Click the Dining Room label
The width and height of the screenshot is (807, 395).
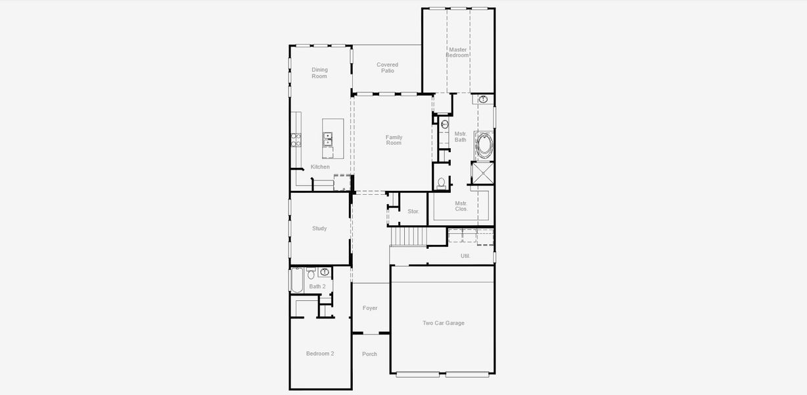click(319, 73)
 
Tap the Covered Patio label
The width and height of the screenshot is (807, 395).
click(387, 68)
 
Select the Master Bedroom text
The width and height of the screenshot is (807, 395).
click(457, 53)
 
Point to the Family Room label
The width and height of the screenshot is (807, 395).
click(394, 140)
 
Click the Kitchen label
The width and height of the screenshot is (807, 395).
click(320, 167)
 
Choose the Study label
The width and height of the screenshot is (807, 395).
click(319, 228)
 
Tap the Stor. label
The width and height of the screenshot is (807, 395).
click(413, 211)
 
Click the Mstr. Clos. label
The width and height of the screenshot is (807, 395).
click(461, 206)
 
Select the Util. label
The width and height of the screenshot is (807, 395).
click(465, 256)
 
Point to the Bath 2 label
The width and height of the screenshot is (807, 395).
click(317, 286)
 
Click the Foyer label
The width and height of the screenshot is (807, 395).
click(370, 308)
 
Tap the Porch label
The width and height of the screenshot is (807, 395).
click(369, 354)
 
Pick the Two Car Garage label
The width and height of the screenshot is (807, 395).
click(444, 323)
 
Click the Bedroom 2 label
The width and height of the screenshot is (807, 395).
click(320, 354)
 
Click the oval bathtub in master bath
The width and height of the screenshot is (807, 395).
click(484, 146)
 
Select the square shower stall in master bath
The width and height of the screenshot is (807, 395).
click(482, 173)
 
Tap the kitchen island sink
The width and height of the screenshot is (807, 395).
click(327, 139)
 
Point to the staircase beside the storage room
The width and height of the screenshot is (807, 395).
click(409, 236)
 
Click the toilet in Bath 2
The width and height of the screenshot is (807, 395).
click(311, 273)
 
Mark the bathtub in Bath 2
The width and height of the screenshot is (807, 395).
click(297, 280)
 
